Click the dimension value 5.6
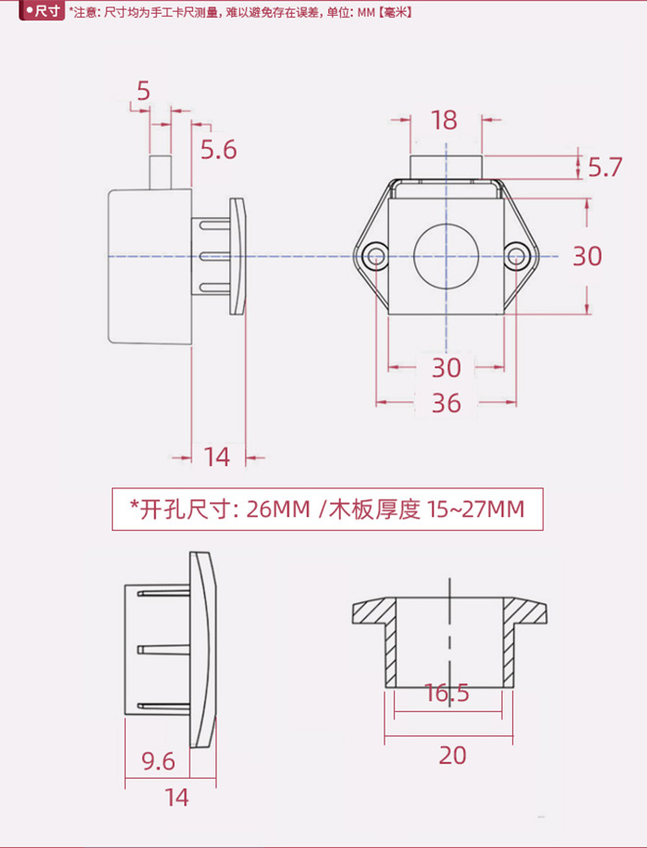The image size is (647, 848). (x=218, y=150)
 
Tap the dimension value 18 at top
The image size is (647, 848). (x=444, y=120)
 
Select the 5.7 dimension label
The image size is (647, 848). (x=604, y=167)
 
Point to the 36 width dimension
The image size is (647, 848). (x=446, y=403)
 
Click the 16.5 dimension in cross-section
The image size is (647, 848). (x=446, y=693)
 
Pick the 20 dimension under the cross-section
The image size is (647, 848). (x=452, y=756)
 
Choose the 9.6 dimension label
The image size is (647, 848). (x=158, y=761)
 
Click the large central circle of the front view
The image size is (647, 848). (x=446, y=256)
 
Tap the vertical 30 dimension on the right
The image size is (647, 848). (x=587, y=256)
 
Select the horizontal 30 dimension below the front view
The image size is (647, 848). (x=446, y=368)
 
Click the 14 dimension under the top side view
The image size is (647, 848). (x=217, y=456)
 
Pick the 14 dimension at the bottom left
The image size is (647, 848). (x=176, y=796)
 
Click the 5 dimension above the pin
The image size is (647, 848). (x=142, y=91)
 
